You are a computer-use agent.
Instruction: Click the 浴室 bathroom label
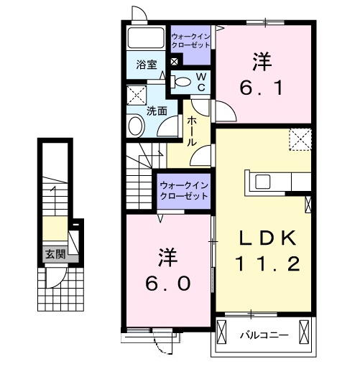(147, 64)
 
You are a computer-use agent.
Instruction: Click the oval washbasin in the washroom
(136, 126)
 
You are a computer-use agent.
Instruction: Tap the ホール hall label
(193, 131)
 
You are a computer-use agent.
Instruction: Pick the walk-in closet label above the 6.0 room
(184, 192)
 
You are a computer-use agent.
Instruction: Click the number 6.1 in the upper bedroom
(264, 89)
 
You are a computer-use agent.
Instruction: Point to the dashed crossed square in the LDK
(299, 139)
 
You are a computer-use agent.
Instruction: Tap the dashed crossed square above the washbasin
(135, 95)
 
